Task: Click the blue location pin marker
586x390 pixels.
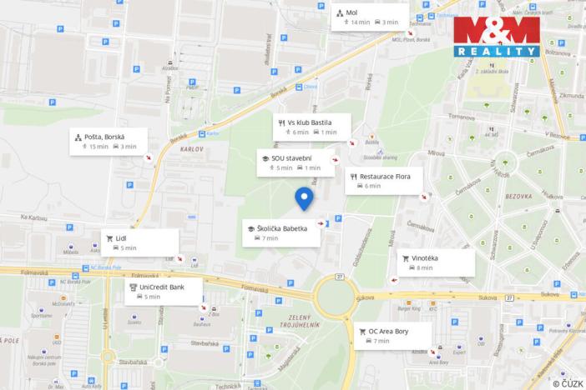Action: [304, 198]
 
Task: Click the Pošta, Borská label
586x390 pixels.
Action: [104, 136]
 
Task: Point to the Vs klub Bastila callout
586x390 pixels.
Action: [309, 127]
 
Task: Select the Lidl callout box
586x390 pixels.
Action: [139, 242]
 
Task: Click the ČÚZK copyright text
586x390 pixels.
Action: [568, 382]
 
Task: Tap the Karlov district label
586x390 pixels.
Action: [192, 148]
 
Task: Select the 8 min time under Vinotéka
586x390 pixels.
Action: [425, 268]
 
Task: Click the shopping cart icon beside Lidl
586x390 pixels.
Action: [109, 237]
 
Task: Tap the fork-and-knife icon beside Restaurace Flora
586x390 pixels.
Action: [355, 177]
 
